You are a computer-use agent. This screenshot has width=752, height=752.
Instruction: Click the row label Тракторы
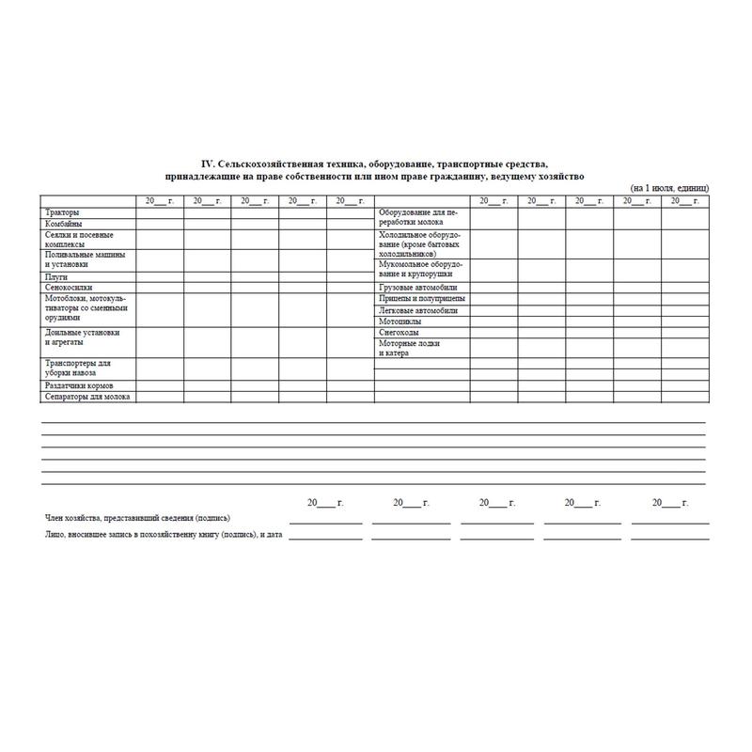tap(62, 213)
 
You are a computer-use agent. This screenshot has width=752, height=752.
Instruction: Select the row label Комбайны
tap(63, 225)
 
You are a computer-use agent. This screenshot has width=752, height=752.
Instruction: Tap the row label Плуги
tap(55, 277)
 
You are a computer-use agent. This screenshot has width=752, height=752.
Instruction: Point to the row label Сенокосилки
tap(69, 288)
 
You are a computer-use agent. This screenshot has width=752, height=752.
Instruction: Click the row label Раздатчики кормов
tap(79, 386)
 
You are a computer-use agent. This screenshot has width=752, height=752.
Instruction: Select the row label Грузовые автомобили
tap(418, 288)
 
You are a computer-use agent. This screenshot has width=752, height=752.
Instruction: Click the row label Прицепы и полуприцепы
tap(422, 299)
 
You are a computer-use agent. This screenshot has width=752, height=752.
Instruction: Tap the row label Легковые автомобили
tap(418, 310)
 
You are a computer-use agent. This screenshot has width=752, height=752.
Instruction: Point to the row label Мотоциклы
tap(400, 321)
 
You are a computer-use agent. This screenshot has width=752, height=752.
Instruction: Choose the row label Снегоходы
tap(399, 333)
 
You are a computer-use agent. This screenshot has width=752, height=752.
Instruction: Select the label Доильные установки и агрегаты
tap(83, 337)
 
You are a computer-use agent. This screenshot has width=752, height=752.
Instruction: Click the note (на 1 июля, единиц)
tap(669, 189)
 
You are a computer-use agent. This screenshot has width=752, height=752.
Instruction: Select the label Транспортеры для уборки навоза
tap(78, 368)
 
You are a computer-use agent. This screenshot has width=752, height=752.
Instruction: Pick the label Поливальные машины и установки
tap(85, 259)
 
